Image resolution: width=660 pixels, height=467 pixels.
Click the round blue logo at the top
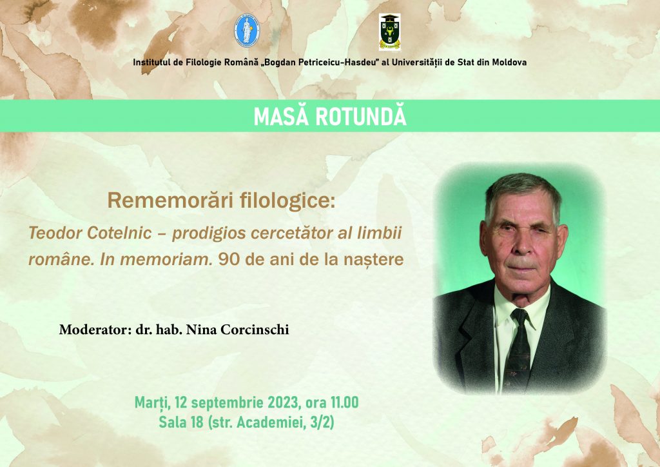247,30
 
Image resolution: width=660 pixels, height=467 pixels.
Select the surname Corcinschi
255,330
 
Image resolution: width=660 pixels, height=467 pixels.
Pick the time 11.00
344,402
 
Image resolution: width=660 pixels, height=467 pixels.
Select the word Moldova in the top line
509,63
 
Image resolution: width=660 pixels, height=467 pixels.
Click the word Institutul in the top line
151,63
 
